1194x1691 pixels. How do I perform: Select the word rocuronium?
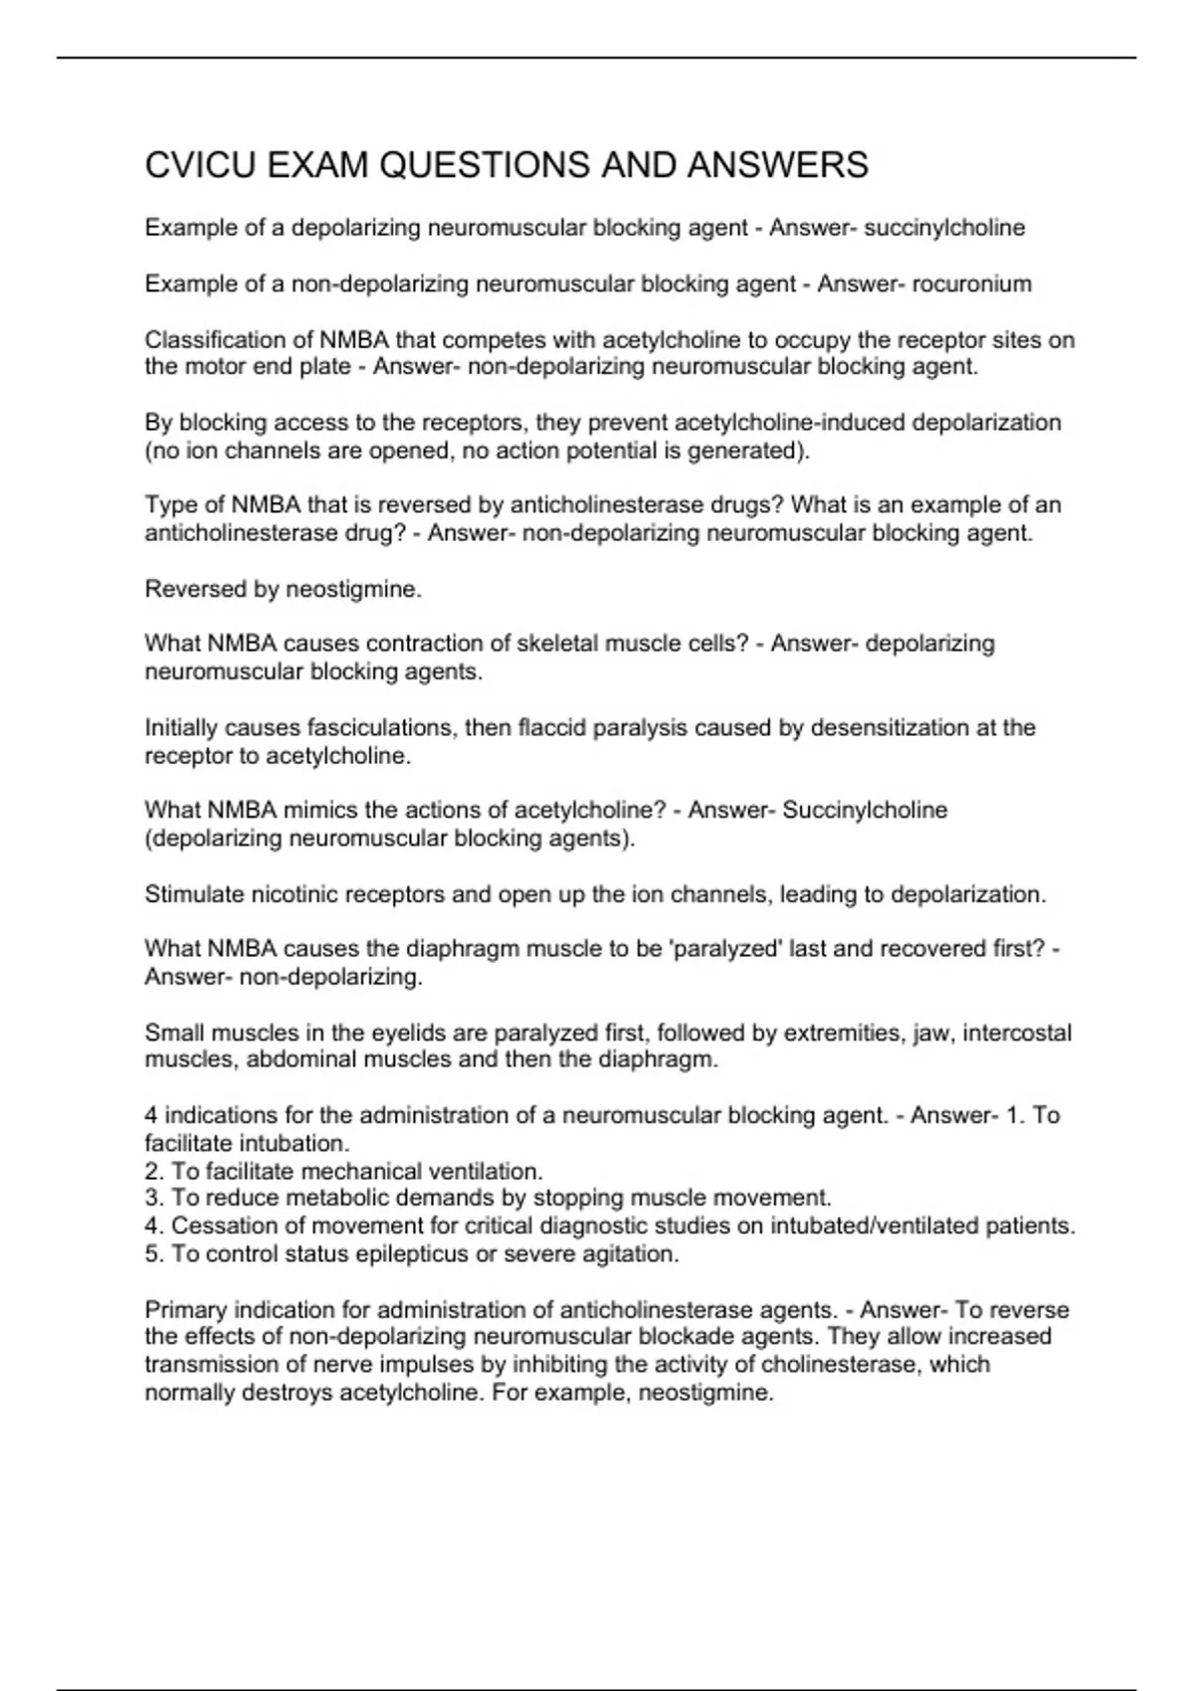click(971, 284)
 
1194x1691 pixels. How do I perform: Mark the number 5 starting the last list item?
click(152, 1254)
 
